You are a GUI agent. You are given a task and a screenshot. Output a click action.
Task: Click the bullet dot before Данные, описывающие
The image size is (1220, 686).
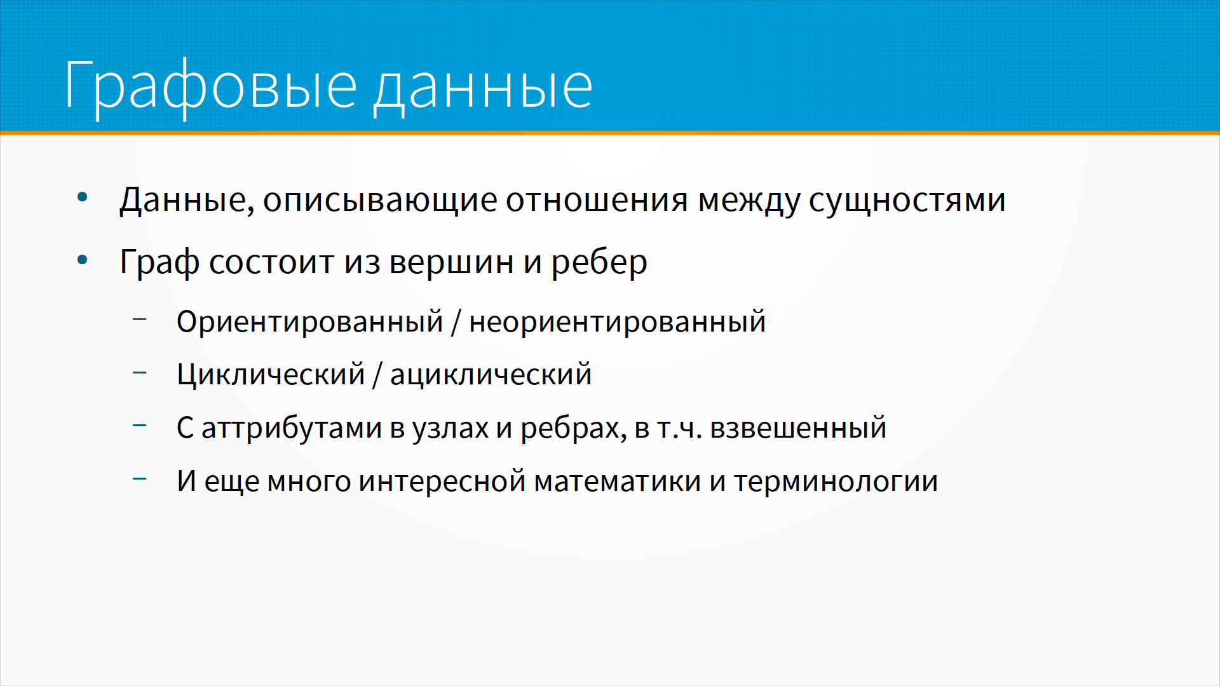pyautogui.click(x=82, y=198)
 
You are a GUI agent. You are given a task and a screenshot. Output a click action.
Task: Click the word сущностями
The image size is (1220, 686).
pyautogui.click(x=907, y=201)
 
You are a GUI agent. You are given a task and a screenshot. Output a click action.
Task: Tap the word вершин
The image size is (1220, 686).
pyautogui.click(x=451, y=262)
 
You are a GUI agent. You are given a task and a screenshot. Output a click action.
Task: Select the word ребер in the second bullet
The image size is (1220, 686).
pyautogui.click(x=599, y=262)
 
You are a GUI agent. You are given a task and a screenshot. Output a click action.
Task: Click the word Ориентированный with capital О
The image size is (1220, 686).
pyautogui.click(x=309, y=321)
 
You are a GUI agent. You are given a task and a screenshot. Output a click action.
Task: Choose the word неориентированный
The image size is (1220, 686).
pyautogui.click(x=617, y=321)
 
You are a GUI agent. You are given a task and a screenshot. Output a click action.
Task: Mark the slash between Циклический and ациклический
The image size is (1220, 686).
pyautogui.click(x=377, y=375)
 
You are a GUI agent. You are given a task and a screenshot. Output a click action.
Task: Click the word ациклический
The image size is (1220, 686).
pyautogui.click(x=491, y=375)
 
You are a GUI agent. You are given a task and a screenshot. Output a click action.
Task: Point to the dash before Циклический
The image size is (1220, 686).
pyautogui.click(x=140, y=372)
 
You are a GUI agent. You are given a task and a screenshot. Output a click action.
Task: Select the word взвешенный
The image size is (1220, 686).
pyautogui.click(x=798, y=428)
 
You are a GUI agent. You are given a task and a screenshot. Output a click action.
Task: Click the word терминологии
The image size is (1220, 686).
pyautogui.click(x=836, y=481)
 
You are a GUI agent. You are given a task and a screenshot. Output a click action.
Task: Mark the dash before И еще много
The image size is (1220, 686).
pyautogui.click(x=140, y=479)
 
